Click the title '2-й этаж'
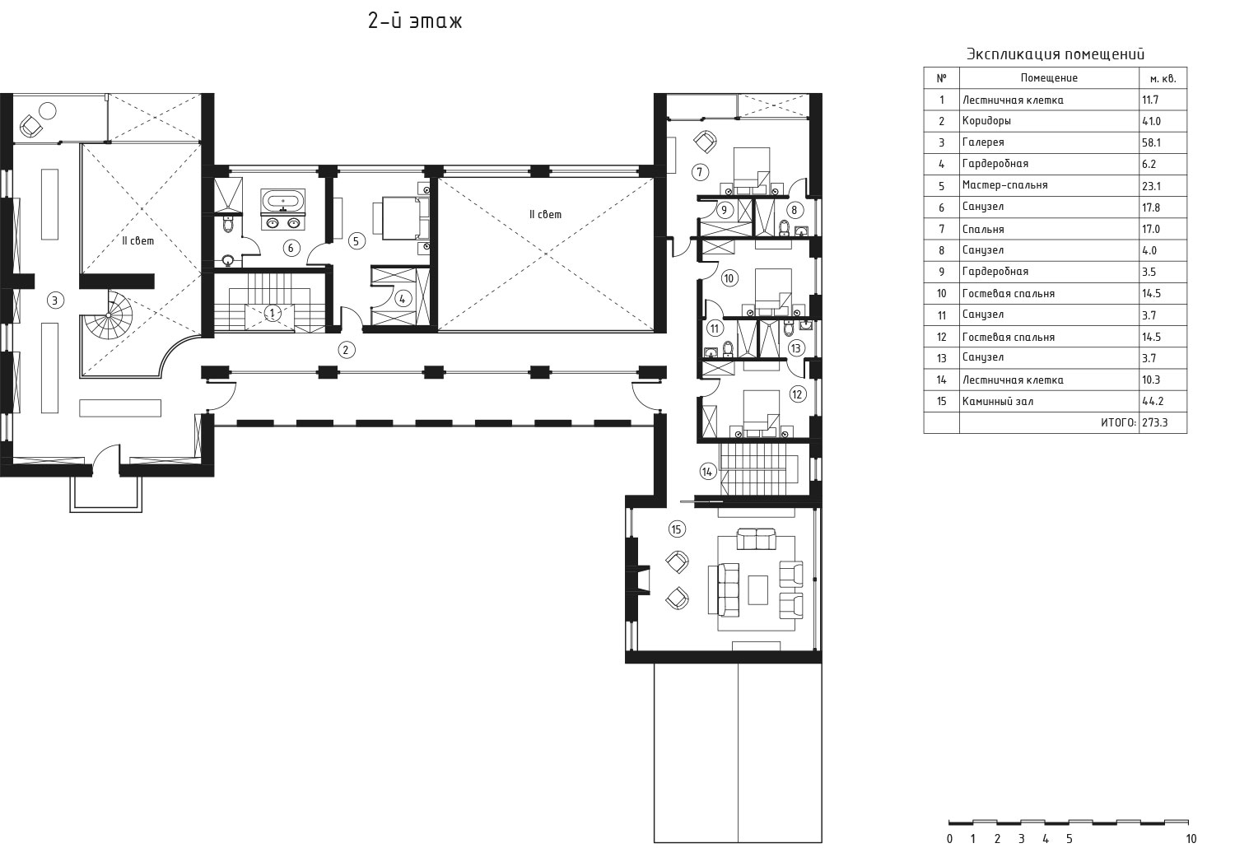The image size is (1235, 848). coord(415,21)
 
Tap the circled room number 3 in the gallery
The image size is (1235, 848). coord(54,301)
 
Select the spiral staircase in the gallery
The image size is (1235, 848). coord(109,315)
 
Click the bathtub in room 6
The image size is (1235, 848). coord(283,200)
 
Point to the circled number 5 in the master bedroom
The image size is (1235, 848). coord(357,241)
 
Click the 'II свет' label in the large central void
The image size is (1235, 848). coord(545,215)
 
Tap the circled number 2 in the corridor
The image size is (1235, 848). coord(347,350)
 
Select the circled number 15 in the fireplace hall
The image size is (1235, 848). coord(677,529)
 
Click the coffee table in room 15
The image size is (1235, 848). coord(758,590)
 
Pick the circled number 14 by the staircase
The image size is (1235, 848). coord(707,472)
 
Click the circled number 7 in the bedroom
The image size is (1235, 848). coord(700,173)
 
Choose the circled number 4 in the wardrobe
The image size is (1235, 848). coord(403,299)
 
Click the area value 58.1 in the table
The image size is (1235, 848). coord(1151,142)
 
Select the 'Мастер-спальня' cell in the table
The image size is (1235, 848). coord(1005,185)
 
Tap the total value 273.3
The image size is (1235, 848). coord(1156,423)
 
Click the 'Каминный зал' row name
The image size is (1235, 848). coord(998,402)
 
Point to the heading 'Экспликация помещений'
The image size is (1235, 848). coord(1056,54)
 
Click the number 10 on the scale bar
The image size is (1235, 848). coord(1191,839)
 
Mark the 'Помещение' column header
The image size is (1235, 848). coord(1049,77)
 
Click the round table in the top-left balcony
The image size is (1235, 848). coord(48,111)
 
